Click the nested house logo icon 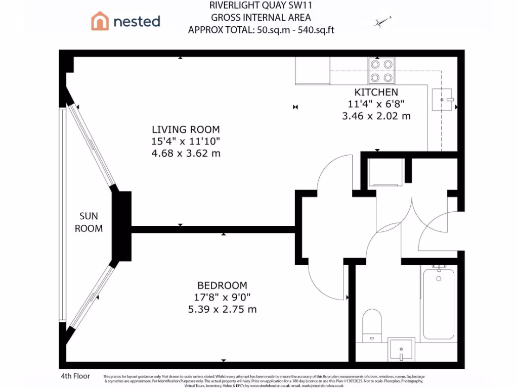(100, 21)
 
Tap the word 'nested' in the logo (137, 21)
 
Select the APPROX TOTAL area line (261, 30)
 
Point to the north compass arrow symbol (382, 21)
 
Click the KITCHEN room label (376, 92)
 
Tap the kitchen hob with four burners (381, 71)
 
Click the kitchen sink (443, 100)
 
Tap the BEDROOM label (222, 285)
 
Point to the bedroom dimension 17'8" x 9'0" (222, 297)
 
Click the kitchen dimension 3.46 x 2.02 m (376, 116)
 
